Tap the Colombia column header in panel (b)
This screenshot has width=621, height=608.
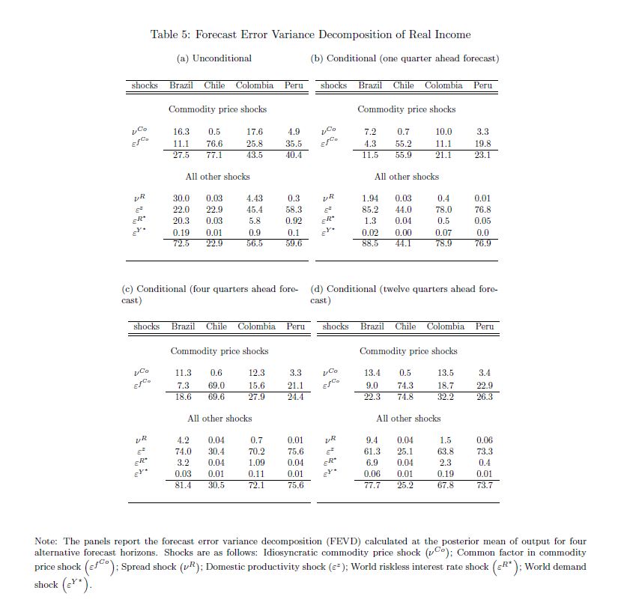[x=443, y=85]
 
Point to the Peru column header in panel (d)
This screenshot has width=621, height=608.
[x=485, y=326]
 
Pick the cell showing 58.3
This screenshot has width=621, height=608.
[x=294, y=210]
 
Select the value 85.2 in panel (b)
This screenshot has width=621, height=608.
[x=370, y=210]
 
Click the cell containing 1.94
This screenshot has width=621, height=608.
[x=370, y=198]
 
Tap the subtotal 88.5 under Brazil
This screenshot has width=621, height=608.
[x=370, y=243]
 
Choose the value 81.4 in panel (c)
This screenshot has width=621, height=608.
[x=183, y=485]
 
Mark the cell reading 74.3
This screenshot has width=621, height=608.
[x=405, y=386]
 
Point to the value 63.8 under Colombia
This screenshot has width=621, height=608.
[x=445, y=452]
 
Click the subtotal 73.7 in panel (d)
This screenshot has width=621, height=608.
[x=485, y=485]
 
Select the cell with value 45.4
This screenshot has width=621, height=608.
[x=254, y=210]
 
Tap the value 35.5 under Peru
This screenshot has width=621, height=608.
[x=294, y=144]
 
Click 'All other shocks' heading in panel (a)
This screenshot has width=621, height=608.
[x=217, y=177]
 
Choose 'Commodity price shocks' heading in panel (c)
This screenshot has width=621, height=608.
[x=219, y=351]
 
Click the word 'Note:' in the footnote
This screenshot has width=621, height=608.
[x=47, y=541]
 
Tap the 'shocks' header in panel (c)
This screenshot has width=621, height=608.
[x=146, y=326]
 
